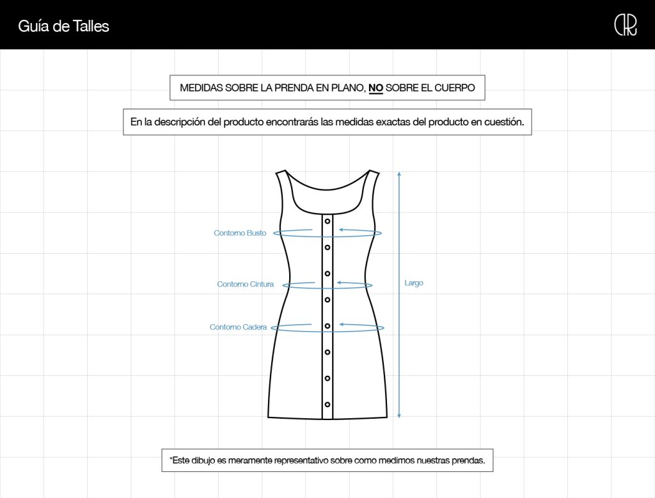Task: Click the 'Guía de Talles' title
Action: point(63,26)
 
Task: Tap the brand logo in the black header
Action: point(626,26)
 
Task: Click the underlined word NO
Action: point(375,88)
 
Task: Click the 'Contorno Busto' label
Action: point(240,233)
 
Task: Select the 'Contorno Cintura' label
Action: point(245,284)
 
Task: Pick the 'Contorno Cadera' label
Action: point(238,327)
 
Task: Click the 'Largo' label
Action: point(414,283)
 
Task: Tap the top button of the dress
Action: point(327,221)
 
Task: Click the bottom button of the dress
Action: point(327,405)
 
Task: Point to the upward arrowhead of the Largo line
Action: point(399,174)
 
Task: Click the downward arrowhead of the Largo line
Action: point(399,416)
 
